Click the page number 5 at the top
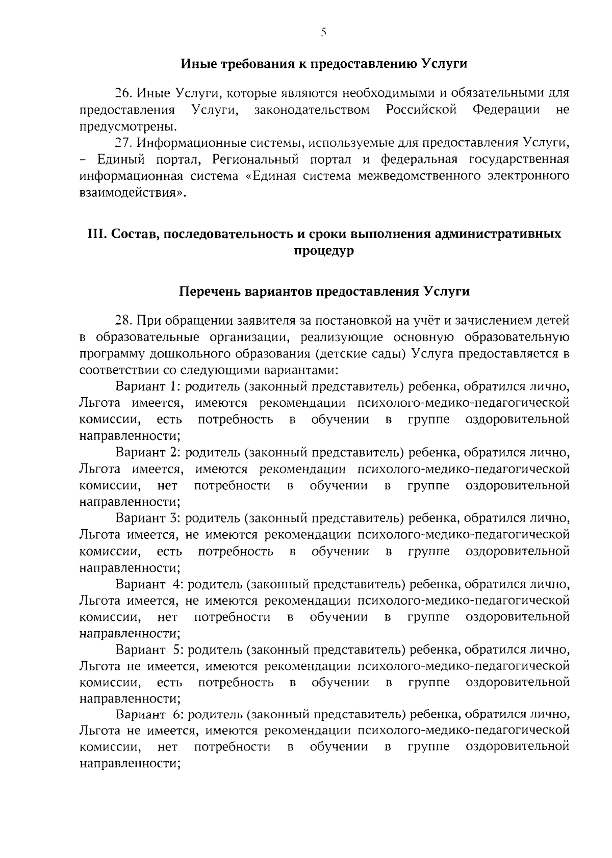[324, 33]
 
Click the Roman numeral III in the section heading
[97, 234]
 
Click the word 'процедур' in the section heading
[324, 251]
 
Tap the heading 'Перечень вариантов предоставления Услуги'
[324, 292]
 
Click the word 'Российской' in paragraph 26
[421, 110]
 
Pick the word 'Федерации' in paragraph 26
[506, 110]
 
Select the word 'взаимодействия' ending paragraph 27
[131, 192]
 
